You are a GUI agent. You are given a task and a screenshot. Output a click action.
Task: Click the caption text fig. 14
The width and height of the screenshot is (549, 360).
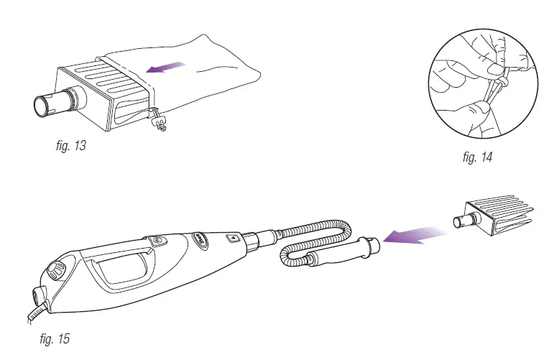(477, 157)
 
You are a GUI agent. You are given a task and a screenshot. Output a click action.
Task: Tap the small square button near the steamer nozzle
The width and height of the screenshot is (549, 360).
(233, 236)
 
